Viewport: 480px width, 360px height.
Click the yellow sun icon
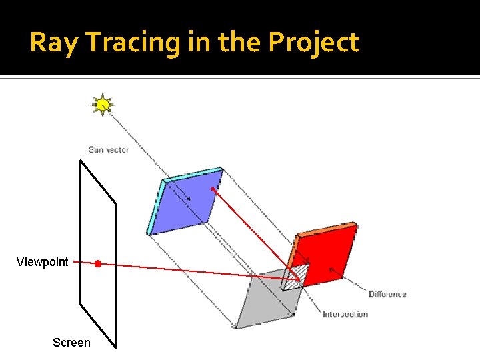pyautogui.click(x=103, y=104)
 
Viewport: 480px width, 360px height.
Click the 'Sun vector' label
pyautogui.click(x=109, y=149)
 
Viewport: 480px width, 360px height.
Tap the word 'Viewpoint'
pyautogui.click(x=43, y=262)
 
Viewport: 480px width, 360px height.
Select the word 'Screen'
pyautogui.click(x=71, y=343)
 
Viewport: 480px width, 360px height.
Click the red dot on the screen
pyautogui.click(x=97, y=264)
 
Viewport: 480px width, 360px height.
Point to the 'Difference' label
pyautogui.click(x=387, y=294)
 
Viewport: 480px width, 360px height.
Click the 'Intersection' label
pyautogui.click(x=345, y=314)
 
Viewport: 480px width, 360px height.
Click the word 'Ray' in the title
pyautogui.click(x=55, y=43)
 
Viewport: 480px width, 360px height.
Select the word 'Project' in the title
pyautogui.click(x=313, y=43)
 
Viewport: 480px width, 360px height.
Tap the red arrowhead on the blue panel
pyautogui.click(x=213, y=189)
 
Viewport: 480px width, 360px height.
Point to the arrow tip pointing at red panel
pyautogui.click(x=331, y=269)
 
